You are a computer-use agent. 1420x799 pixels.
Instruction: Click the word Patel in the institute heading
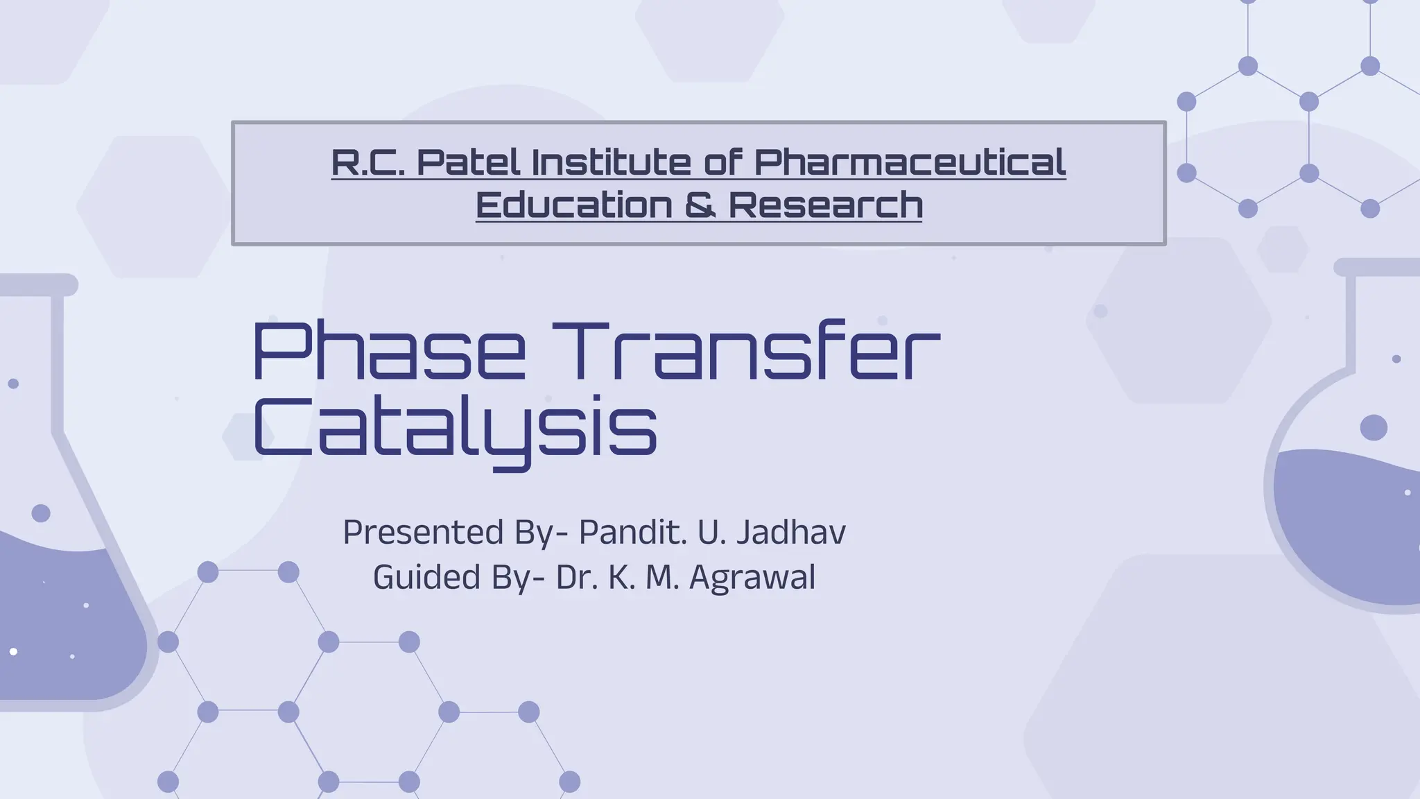pos(468,163)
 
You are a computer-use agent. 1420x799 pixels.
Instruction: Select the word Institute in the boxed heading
pos(611,163)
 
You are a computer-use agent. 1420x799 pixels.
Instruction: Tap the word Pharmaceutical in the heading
pos(909,163)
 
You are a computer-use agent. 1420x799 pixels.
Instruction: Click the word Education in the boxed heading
pos(573,205)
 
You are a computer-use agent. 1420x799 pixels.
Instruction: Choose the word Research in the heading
pos(825,205)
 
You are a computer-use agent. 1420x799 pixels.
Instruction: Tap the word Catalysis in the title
pos(455,426)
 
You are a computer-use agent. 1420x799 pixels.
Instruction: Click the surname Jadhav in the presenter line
pos(790,533)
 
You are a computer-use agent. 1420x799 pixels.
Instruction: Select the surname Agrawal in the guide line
pos(752,578)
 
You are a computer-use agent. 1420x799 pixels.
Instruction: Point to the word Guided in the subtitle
pos(426,578)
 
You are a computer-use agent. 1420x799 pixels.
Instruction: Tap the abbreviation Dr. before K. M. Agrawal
pos(577,578)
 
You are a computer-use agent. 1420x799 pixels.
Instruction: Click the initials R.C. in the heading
pos(367,163)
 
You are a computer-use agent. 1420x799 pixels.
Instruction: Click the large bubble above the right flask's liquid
pos(1374,427)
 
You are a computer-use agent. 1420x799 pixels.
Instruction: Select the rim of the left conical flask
pos(38,285)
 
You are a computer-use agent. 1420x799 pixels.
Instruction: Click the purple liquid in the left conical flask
pos(62,624)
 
